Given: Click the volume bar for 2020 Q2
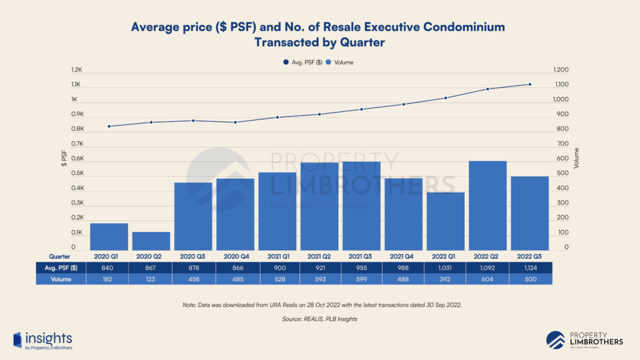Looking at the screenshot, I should pos(151,241).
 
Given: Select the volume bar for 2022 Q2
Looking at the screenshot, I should pos(487,206).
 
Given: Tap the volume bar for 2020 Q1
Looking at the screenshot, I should pos(109,237).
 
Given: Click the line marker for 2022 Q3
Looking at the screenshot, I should pos(530,84).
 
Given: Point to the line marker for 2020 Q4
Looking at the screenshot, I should pos(235,122).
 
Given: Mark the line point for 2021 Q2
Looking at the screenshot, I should pos(319,114).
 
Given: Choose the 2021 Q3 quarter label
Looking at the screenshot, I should pos(361,256).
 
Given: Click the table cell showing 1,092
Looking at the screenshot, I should pos(487,267).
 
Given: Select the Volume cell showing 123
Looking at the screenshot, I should pos(151,279).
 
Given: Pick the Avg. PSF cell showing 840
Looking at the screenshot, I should pos(109,267).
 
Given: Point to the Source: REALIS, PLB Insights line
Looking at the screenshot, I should pos(319,319).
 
